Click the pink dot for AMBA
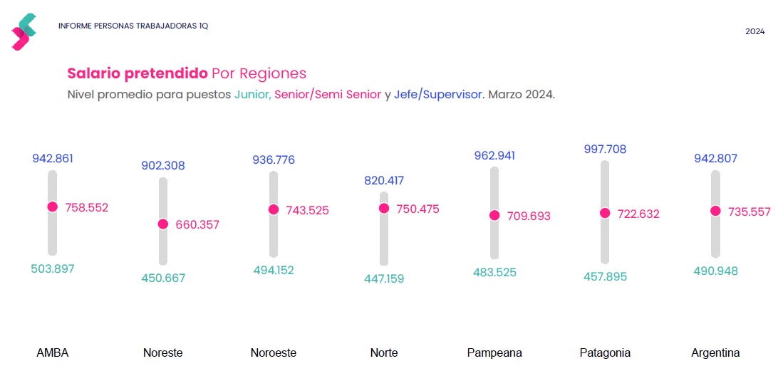(x=52, y=207)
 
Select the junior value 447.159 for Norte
(x=383, y=278)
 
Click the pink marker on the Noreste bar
(x=163, y=224)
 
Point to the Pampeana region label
(x=494, y=352)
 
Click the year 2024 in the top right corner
(x=755, y=31)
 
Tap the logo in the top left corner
(x=24, y=31)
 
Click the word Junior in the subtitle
(x=252, y=95)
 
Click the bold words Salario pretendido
(x=137, y=73)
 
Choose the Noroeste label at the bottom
(x=274, y=352)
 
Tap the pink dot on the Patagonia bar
(x=605, y=213)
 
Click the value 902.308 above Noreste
(x=163, y=166)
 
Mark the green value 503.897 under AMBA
(x=52, y=269)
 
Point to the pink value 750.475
(x=418, y=209)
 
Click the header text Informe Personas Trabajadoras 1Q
(x=133, y=26)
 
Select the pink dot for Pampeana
(x=494, y=215)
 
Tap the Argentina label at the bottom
(x=715, y=352)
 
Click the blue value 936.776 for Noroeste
(x=274, y=160)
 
